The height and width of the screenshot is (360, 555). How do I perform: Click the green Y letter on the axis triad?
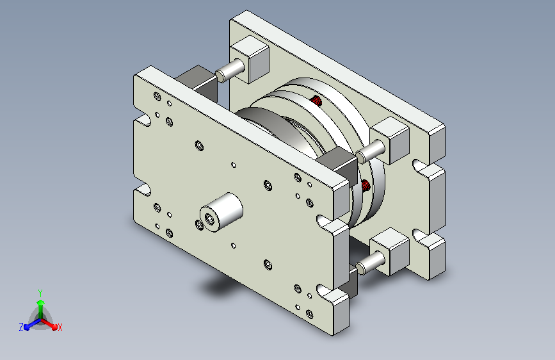click(x=40, y=293)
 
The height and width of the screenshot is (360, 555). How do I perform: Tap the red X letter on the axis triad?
click(x=60, y=328)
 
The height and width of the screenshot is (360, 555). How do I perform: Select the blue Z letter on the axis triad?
click(x=21, y=327)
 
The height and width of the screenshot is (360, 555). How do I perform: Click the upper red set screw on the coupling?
click(x=317, y=101)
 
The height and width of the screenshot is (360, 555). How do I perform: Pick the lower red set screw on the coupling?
click(x=366, y=185)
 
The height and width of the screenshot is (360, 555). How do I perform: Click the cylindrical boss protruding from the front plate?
click(x=221, y=212)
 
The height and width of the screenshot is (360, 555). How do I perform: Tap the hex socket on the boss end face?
click(x=209, y=219)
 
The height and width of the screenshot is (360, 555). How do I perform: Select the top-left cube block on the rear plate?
click(x=250, y=59)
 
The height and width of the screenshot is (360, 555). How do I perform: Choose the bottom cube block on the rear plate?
click(x=389, y=252)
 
